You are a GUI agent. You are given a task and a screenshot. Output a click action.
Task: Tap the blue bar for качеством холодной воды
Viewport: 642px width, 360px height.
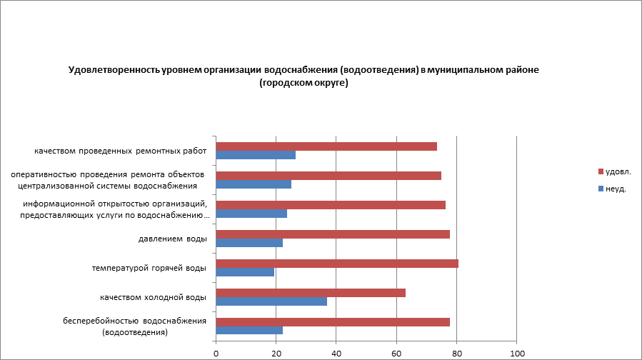(271, 301)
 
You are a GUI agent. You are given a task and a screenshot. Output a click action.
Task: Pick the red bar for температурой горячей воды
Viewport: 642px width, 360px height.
(336, 264)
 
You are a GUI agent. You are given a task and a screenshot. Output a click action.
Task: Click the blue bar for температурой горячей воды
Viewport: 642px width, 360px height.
(245, 272)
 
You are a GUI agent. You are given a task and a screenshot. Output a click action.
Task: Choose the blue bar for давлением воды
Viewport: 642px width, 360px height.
(249, 243)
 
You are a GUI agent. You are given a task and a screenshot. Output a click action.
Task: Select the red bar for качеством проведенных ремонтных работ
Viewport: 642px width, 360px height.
(326, 146)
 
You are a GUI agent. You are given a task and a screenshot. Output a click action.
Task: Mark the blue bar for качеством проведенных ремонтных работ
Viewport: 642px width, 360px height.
(256, 155)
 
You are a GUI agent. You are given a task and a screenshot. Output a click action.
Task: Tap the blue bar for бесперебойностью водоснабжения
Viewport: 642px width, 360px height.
(249, 331)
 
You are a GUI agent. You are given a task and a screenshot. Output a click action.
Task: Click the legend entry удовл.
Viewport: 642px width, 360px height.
(618, 171)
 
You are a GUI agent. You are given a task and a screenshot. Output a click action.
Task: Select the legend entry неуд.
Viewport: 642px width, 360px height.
(616, 189)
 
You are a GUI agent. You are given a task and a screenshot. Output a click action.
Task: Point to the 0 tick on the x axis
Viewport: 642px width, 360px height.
(216, 353)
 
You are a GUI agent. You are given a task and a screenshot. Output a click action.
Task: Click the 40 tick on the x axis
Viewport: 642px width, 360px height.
(336, 353)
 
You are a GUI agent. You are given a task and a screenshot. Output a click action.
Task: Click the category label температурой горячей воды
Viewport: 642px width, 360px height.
(149, 268)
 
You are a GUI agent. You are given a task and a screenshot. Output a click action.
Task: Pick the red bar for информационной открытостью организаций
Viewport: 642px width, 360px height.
(331, 205)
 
